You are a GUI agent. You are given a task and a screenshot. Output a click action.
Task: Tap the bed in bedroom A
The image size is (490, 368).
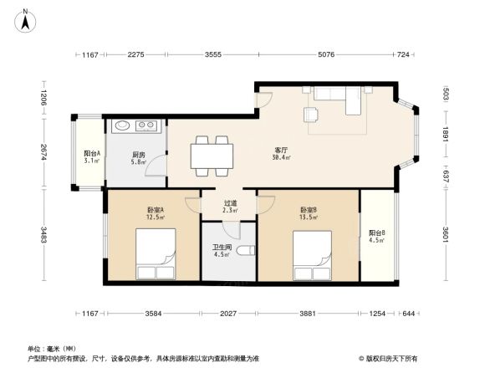coord(156,255)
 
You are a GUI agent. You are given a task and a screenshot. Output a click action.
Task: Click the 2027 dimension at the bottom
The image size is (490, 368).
coord(228,314)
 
